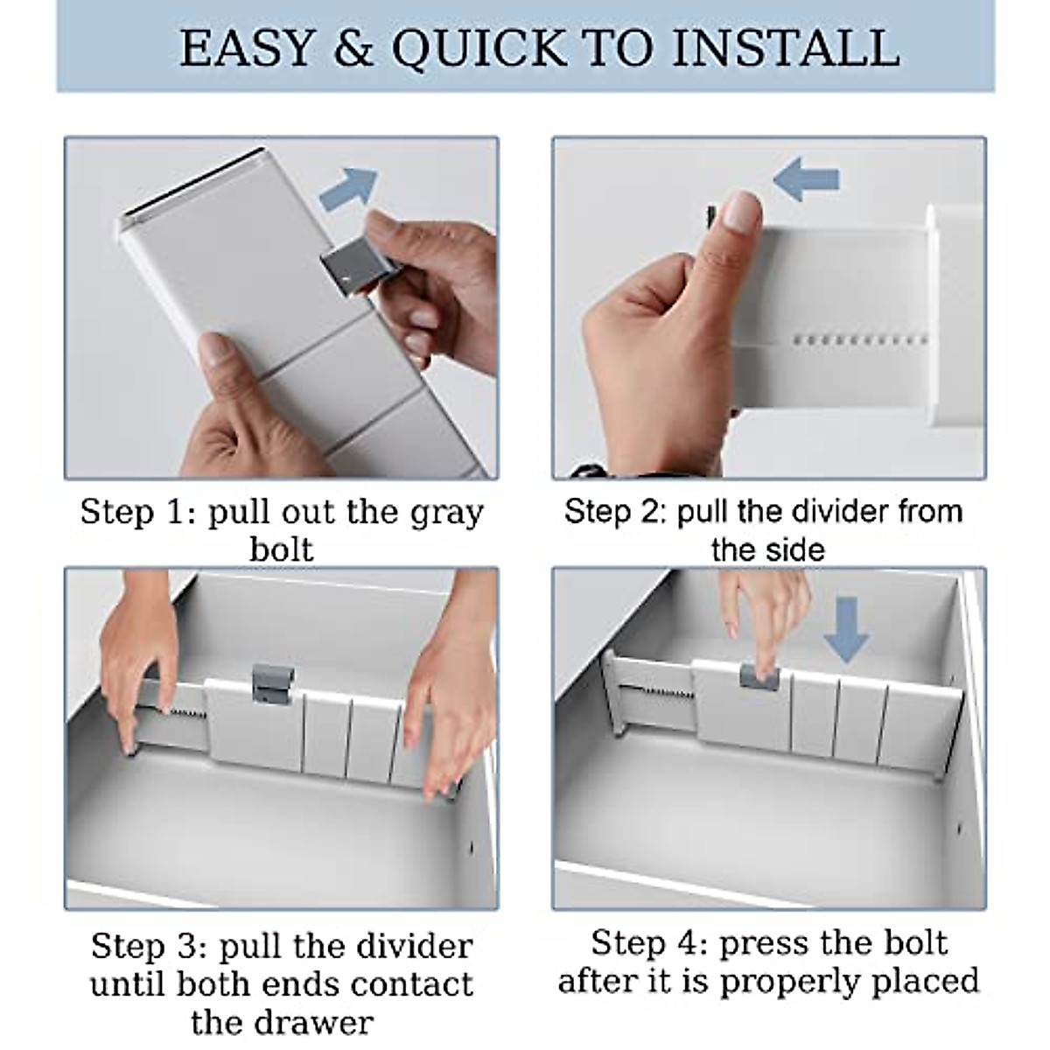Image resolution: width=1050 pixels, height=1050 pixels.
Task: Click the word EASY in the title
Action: (247, 48)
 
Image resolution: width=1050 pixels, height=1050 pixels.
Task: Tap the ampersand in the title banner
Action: (353, 48)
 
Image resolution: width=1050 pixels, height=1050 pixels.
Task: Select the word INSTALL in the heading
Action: (786, 48)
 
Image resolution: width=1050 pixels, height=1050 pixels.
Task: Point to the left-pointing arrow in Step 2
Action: (807, 178)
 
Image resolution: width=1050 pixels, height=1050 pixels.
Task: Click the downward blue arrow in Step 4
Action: (845, 629)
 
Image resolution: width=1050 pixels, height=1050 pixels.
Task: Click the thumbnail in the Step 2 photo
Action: (743, 213)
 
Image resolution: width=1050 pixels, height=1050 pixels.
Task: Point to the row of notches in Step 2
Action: (860, 339)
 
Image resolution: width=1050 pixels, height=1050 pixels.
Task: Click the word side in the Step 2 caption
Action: (796, 550)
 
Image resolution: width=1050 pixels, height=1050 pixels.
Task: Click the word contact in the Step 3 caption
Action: (412, 984)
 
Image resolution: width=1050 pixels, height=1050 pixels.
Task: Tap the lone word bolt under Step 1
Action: (282, 549)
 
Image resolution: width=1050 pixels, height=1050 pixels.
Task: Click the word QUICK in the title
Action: (479, 50)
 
